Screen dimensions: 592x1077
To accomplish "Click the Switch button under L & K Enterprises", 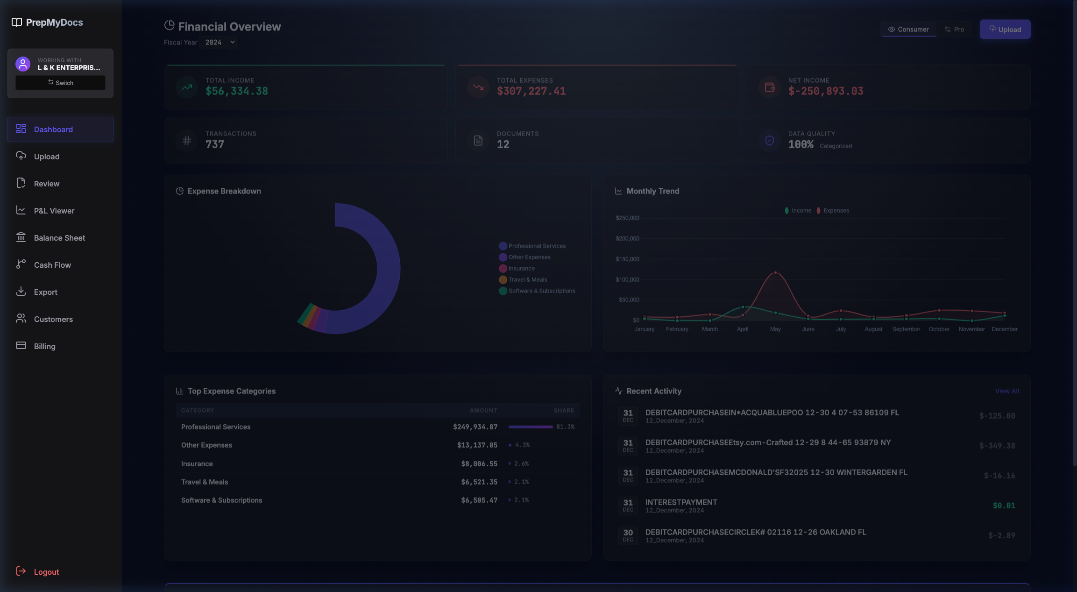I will pos(60,83).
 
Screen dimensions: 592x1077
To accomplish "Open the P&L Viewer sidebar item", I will pos(54,211).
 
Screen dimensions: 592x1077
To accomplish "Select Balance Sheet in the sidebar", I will pos(59,238).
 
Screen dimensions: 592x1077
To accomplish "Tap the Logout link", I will pos(46,572).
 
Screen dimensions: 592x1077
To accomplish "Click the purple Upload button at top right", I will pos(1005,29).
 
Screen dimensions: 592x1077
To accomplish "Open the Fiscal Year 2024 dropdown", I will pos(218,43).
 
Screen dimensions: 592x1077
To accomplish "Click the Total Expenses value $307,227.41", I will pos(531,91).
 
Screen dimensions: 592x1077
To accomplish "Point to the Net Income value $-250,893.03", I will pos(825,91).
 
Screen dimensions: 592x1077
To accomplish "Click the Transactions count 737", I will pos(215,144).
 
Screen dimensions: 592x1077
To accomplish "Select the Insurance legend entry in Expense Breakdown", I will pos(521,269).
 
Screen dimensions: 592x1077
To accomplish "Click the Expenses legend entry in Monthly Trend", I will pos(836,211).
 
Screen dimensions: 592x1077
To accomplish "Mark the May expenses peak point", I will pos(775,272).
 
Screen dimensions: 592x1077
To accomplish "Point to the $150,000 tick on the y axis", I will pos(627,259).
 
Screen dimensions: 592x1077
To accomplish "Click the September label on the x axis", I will pos(906,329).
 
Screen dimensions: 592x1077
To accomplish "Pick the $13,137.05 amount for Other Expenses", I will pos(477,445).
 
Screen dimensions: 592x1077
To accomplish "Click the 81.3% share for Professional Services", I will pos(565,427).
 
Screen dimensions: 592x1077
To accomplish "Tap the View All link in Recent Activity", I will pos(1006,391).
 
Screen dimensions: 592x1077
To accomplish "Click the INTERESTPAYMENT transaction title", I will pos(681,502).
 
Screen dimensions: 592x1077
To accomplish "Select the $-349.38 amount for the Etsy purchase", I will pos(997,446).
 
